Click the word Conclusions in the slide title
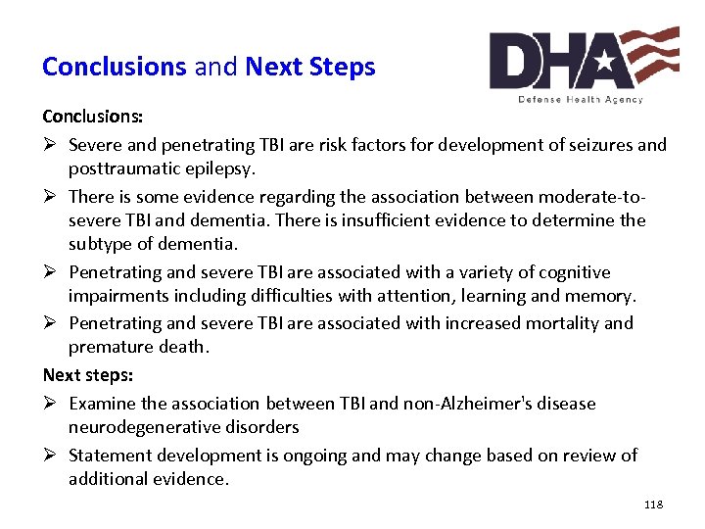(114, 67)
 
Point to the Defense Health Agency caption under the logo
(581, 99)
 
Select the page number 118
(653, 505)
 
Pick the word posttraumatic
(122, 168)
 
